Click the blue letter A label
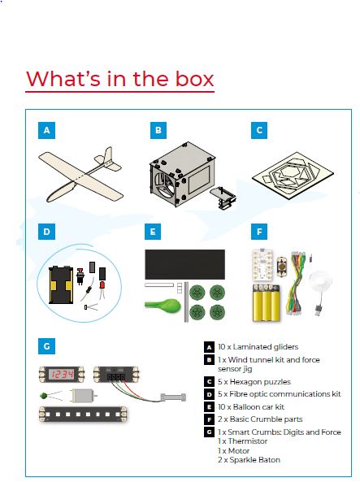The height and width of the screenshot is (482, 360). pyautogui.click(x=47, y=130)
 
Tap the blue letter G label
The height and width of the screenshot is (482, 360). pyautogui.click(x=47, y=346)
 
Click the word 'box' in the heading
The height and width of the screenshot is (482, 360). pyautogui.click(x=194, y=79)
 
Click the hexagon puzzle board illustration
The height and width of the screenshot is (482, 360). pyautogui.click(x=293, y=176)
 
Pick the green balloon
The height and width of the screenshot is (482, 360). pyautogui.click(x=163, y=306)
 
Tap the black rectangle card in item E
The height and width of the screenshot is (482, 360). pyautogui.click(x=184, y=264)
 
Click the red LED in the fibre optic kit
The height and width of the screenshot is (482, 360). pyautogui.click(x=102, y=285)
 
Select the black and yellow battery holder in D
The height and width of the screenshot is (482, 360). pyautogui.click(x=61, y=285)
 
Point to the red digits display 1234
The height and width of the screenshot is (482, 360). pyautogui.click(x=62, y=374)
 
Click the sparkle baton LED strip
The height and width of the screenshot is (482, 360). pyautogui.click(x=83, y=414)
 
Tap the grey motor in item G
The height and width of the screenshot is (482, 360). pyautogui.click(x=83, y=396)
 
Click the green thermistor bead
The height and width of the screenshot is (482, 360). pyautogui.click(x=44, y=396)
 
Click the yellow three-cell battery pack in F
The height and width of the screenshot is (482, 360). pyautogui.click(x=267, y=303)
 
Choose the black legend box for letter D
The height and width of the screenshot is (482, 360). pyautogui.click(x=209, y=394)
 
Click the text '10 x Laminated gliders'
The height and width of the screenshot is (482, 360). pyautogui.click(x=258, y=347)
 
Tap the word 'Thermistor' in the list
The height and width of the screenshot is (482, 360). pyautogui.click(x=248, y=441)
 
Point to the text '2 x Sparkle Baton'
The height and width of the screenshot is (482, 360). pyautogui.click(x=249, y=460)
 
